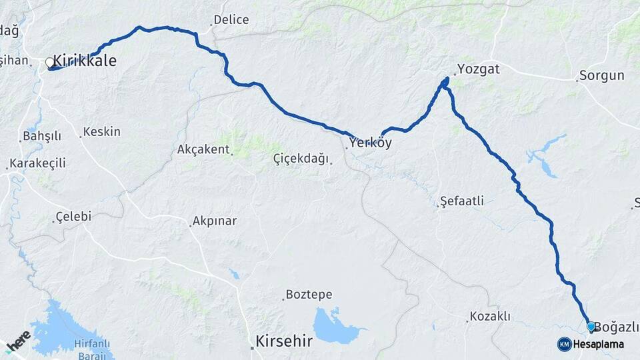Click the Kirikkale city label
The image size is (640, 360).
84,61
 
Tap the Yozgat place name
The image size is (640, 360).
478,69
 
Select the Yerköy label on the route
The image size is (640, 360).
371,143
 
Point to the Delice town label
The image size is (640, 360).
231,20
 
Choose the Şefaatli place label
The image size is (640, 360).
462,201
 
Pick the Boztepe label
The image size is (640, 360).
309,294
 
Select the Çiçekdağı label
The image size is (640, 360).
301,159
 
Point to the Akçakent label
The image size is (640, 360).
203,149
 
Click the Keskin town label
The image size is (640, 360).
102,132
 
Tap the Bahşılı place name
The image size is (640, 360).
42,136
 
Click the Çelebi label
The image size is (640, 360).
73,217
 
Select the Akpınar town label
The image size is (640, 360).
214,221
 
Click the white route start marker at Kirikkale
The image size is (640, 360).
50,64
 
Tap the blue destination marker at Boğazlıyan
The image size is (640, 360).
591,326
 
